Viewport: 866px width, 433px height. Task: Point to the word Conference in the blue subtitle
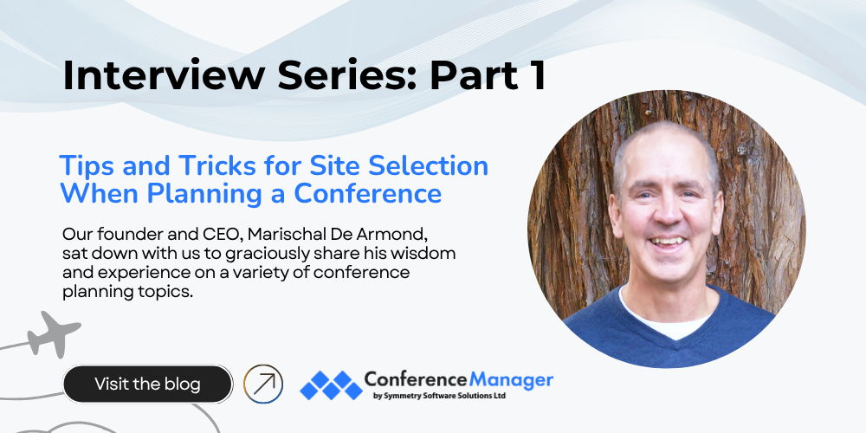tap(367, 193)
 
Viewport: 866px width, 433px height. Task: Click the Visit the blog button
tap(147, 384)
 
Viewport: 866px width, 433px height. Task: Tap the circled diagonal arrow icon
tap(263, 384)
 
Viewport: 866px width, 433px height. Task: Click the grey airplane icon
tap(54, 333)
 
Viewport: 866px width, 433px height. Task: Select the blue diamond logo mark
tap(331, 385)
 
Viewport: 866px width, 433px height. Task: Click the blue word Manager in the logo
tap(511, 380)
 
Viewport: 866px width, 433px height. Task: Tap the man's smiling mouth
tap(667, 242)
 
